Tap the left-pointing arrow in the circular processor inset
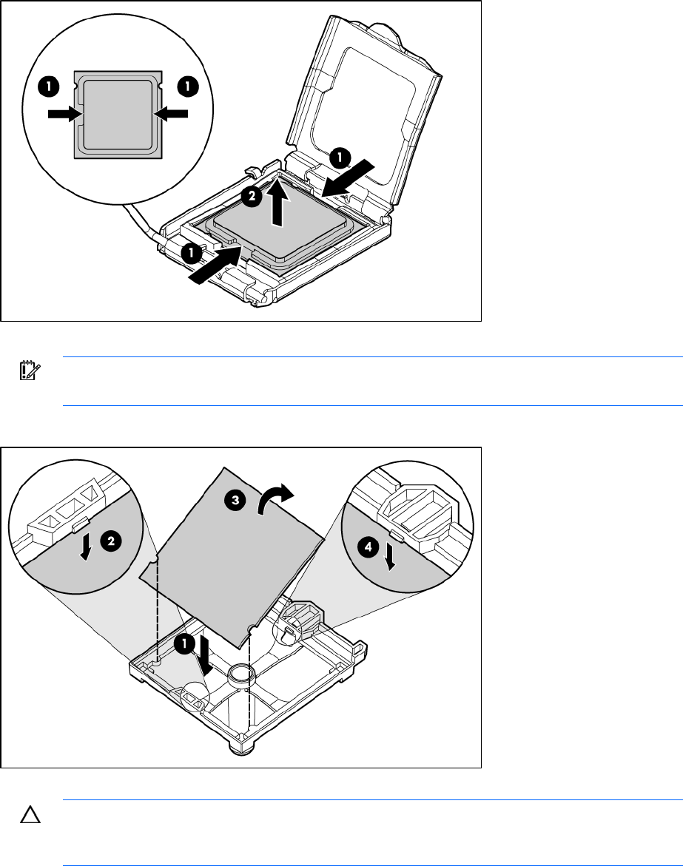point(171,114)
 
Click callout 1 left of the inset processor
point(49,87)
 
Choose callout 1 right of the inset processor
point(188,87)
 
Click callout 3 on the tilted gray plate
point(235,501)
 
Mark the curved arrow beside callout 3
point(276,497)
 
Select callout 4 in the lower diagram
point(369,547)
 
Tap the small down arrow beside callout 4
point(391,558)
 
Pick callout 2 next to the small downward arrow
point(111,541)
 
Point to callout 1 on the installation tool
point(184,643)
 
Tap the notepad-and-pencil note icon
point(27,371)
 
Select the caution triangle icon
point(30,815)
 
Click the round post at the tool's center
point(241,674)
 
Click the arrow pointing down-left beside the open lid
point(348,177)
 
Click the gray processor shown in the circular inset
point(118,115)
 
